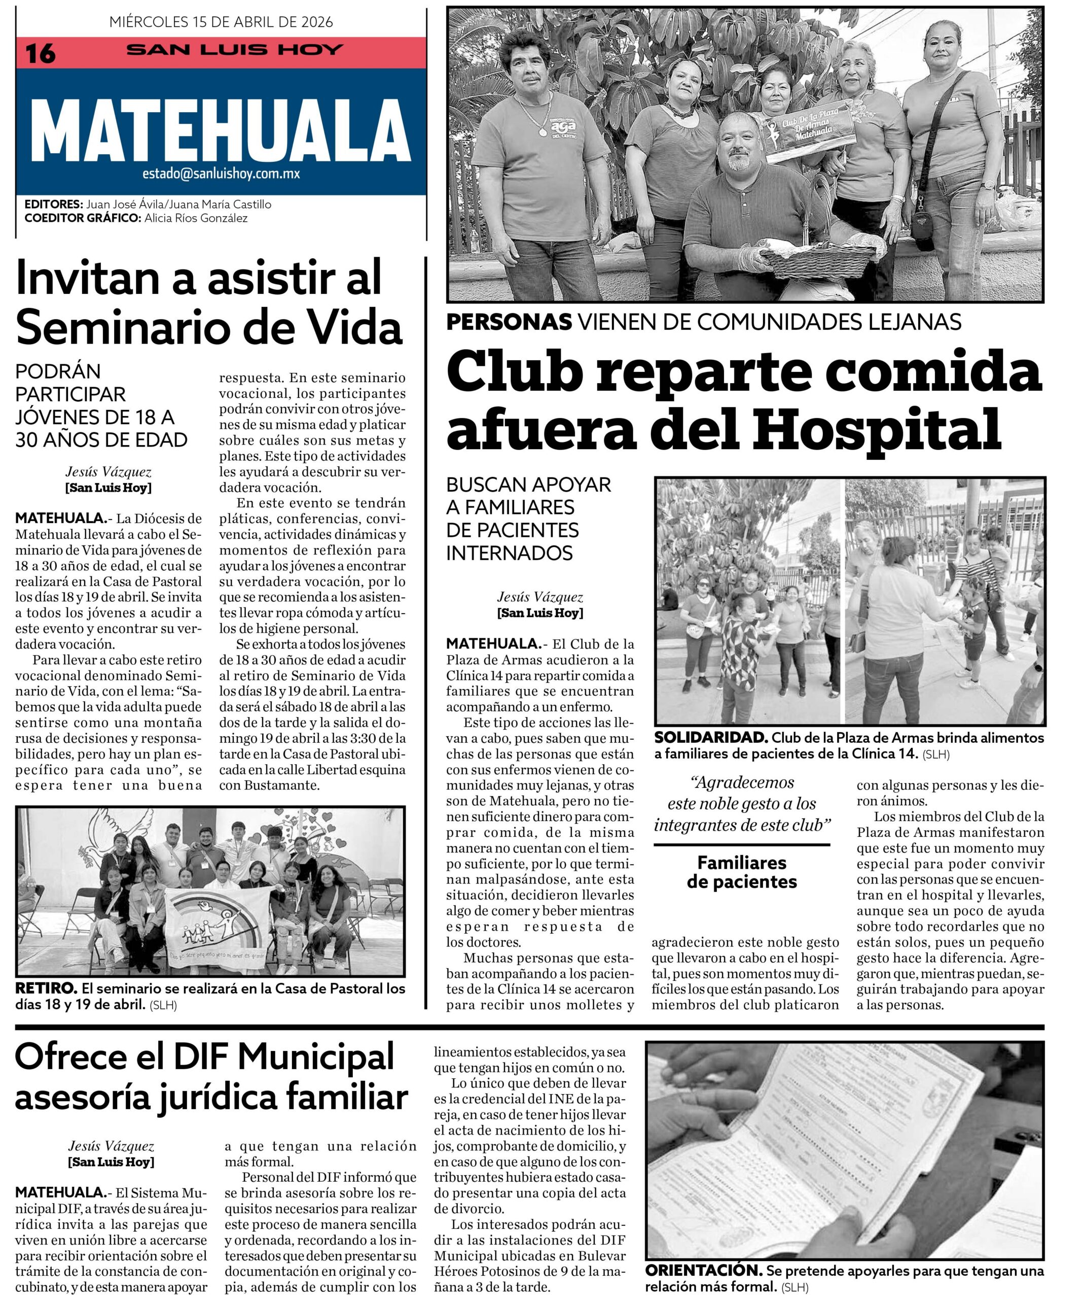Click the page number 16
41,54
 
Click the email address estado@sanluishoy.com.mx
221,174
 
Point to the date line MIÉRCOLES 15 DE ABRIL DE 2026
221,22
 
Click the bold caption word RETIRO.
46,988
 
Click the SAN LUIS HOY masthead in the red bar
234,50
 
